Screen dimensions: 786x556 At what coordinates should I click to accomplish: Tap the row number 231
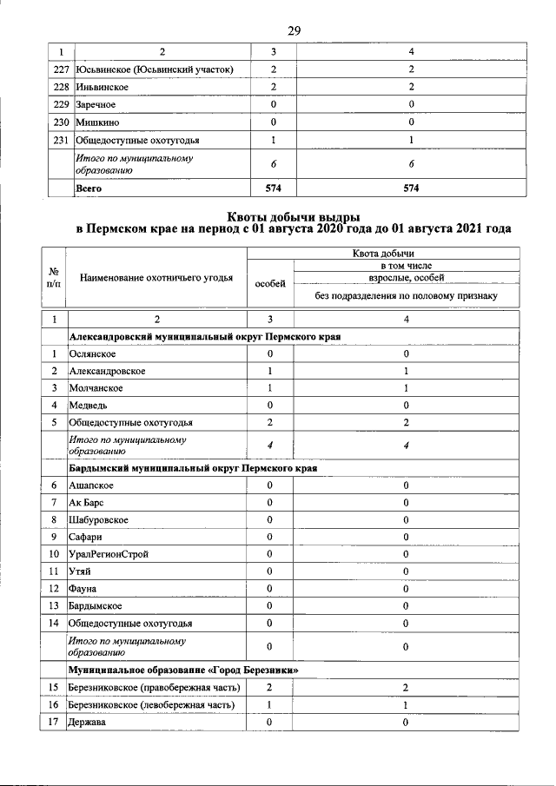(x=60, y=139)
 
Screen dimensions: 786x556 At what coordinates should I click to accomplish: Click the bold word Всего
(x=89, y=187)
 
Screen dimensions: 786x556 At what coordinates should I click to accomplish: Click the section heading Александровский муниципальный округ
(x=204, y=336)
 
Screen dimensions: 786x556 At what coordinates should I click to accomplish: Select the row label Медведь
(x=89, y=405)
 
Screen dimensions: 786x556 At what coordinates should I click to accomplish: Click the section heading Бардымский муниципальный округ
(x=192, y=467)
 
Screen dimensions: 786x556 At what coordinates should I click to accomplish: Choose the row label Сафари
(x=87, y=536)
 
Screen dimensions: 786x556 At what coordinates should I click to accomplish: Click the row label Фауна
(x=84, y=588)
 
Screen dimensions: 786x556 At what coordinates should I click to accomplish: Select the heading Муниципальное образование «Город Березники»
(x=185, y=670)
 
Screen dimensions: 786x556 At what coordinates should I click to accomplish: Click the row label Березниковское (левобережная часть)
(x=152, y=704)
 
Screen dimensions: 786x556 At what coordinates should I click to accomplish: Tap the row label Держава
(x=89, y=722)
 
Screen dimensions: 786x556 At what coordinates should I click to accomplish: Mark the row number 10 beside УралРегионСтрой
(x=54, y=553)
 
